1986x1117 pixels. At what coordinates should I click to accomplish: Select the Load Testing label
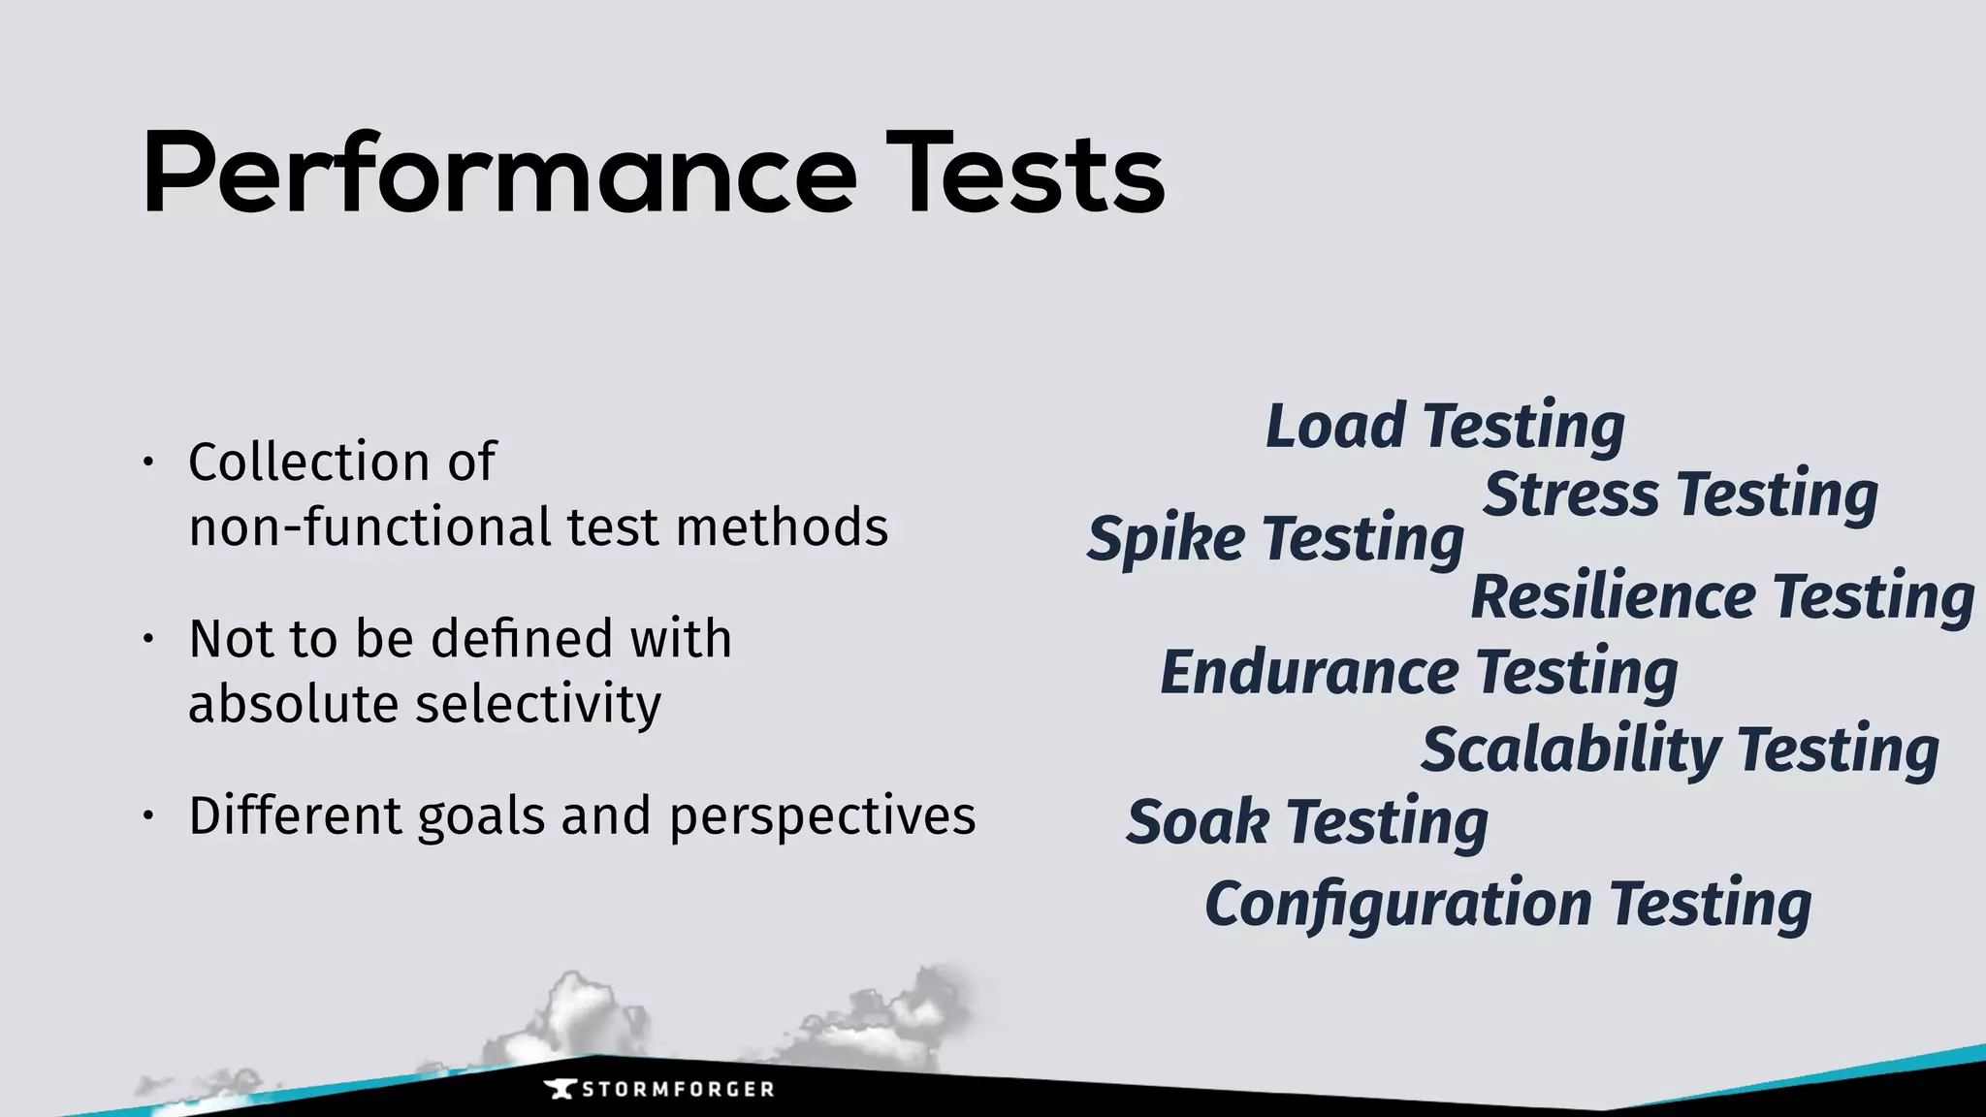(x=1445, y=427)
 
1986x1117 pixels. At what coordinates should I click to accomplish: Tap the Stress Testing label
(x=1681, y=495)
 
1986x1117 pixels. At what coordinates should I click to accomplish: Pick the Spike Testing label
(x=1275, y=539)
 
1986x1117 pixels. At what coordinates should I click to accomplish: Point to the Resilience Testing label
(x=1722, y=596)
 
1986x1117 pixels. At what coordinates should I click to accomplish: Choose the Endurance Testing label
(x=1419, y=673)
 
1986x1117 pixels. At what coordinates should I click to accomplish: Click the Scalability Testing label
(x=1680, y=750)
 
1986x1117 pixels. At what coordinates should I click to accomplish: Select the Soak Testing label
(x=1307, y=823)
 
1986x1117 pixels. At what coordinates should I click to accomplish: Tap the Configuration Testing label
(x=1508, y=905)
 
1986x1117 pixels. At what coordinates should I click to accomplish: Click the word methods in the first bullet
(x=782, y=527)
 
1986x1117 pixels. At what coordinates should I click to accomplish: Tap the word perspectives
(x=822, y=816)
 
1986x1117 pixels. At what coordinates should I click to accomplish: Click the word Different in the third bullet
(x=294, y=816)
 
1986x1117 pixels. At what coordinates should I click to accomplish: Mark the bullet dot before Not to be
(x=147, y=639)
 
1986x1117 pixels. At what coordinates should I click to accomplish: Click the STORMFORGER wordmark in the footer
(x=678, y=1089)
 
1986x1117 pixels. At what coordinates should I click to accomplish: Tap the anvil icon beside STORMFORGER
(x=560, y=1089)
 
